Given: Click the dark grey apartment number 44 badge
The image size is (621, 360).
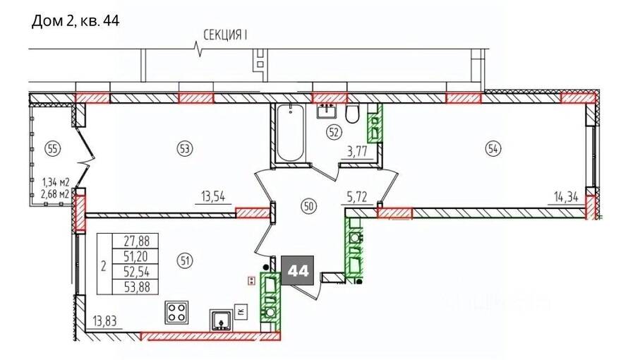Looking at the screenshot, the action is tap(297, 270).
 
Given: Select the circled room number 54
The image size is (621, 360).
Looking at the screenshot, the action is tap(493, 149).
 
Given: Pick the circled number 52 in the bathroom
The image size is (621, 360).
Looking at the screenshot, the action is tap(334, 132).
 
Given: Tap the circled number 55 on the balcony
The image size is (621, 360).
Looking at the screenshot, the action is tap(53, 149).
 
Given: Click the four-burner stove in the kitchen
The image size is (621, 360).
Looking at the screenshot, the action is tap(176, 312).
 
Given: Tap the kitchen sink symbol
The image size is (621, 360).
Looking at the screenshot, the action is tap(221, 320).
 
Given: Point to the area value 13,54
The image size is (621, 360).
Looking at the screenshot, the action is tap(212, 196).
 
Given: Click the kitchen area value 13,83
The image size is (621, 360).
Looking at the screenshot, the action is tap(105, 320).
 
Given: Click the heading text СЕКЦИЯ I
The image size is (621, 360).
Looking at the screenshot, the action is tap(225, 35).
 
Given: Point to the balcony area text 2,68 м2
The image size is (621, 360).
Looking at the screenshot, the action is tap(56, 194).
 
